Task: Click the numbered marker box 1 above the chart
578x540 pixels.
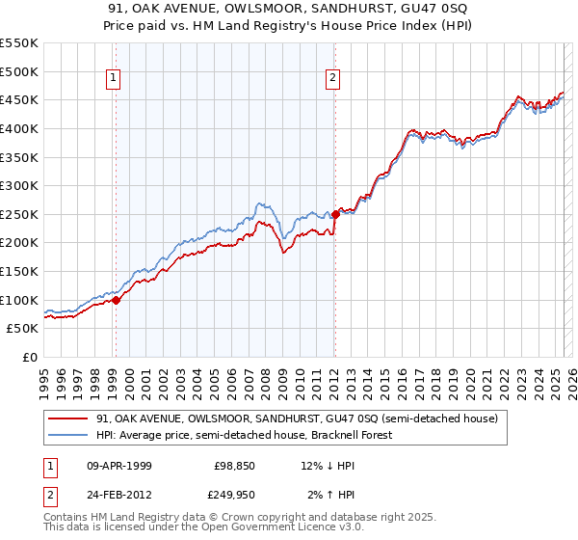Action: click(115, 79)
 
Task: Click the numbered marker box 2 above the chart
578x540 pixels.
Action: click(332, 79)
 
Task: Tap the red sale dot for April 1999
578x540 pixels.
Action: click(116, 300)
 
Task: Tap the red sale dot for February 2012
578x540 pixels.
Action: click(334, 214)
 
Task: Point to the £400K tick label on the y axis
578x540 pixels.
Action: click(19, 128)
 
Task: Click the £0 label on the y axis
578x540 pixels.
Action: click(29, 357)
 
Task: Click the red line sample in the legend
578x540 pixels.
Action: click(67, 418)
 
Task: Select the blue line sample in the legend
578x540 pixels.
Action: click(67, 435)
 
